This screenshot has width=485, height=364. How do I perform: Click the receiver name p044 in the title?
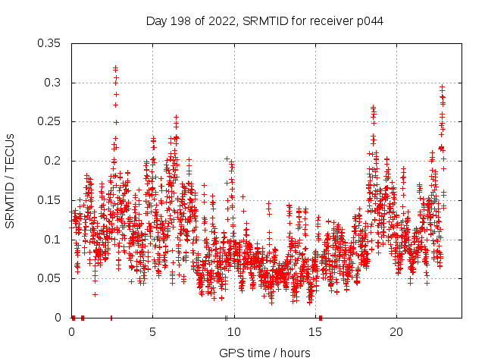click(x=367, y=21)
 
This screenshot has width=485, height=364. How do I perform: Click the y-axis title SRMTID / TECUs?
click(x=10, y=180)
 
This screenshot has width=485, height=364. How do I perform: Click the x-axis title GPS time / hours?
click(x=264, y=353)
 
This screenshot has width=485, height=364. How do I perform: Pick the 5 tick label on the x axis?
click(x=152, y=332)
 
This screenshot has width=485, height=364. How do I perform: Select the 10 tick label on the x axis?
click(x=233, y=332)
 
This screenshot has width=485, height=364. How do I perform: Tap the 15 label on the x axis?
click(x=314, y=332)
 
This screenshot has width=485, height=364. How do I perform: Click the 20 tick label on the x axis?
click(x=396, y=332)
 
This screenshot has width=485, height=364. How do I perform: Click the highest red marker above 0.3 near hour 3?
click(x=115, y=68)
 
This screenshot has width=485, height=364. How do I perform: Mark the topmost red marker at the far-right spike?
click(x=442, y=87)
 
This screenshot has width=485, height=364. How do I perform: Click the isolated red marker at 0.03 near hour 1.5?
click(x=95, y=294)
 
